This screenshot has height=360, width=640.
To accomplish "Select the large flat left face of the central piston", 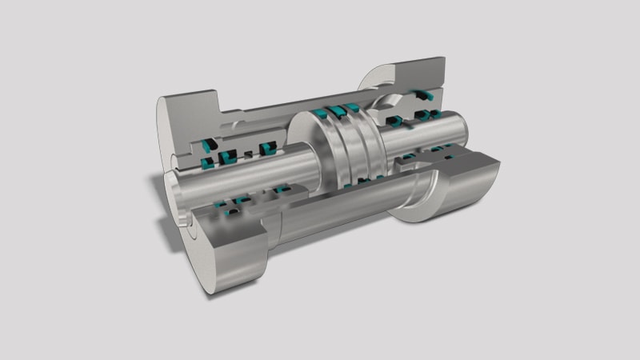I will pyautogui.click(x=303, y=148).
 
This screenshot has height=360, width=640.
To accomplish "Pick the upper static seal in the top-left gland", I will pyautogui.click(x=210, y=143).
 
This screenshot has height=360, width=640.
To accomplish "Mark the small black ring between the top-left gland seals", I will pyautogui.click(x=249, y=150).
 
